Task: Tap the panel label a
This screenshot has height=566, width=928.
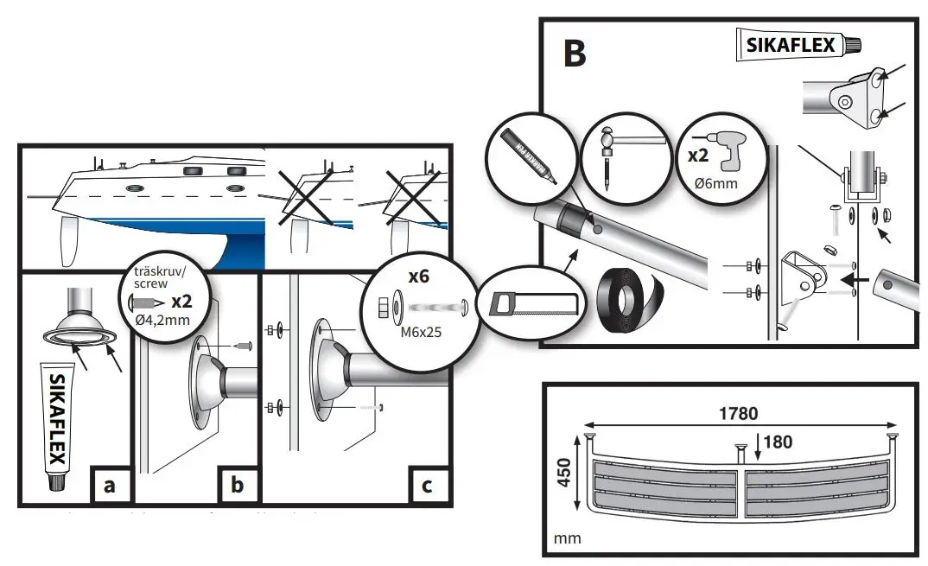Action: pyautogui.click(x=109, y=486)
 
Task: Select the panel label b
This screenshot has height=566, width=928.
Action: pyautogui.click(x=237, y=486)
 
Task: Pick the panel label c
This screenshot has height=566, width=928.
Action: pyautogui.click(x=427, y=486)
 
